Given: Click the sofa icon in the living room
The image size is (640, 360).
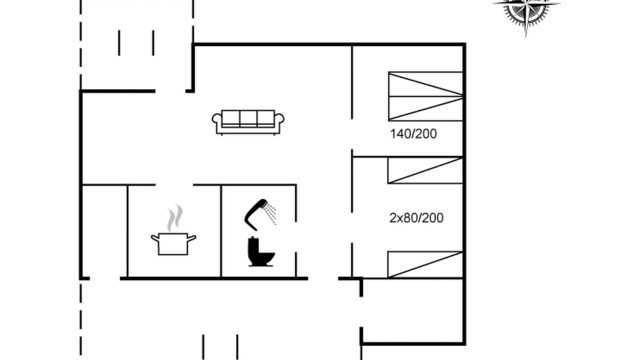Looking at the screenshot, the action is click(248, 122).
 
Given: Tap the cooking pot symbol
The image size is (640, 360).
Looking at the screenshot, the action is click(173, 244).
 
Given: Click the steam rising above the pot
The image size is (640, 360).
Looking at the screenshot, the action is click(175, 217).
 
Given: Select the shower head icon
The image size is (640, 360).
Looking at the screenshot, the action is click(255, 215).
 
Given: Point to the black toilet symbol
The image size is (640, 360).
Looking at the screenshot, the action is click(260, 251).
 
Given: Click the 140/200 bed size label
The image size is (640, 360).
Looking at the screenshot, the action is click(413, 134).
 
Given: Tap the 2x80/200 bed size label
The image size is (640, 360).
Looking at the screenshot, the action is click(416, 218).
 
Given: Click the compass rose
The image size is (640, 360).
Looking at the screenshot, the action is click(526, 11).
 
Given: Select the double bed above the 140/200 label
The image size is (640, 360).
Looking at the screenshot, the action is click(425, 96).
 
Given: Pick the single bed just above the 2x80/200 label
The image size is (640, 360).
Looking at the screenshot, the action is click(425, 170).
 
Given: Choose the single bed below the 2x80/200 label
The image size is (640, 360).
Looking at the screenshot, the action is click(425, 264).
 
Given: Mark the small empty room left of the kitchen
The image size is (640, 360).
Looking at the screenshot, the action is click(104, 231).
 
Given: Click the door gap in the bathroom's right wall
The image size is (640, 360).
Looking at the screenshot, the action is click(296, 237).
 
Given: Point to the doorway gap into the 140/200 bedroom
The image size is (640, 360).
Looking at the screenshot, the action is click(352, 134).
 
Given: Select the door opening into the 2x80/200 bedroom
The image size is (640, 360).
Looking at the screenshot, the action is click(352, 228).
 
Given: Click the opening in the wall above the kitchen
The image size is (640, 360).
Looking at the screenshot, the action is click(174, 185).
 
